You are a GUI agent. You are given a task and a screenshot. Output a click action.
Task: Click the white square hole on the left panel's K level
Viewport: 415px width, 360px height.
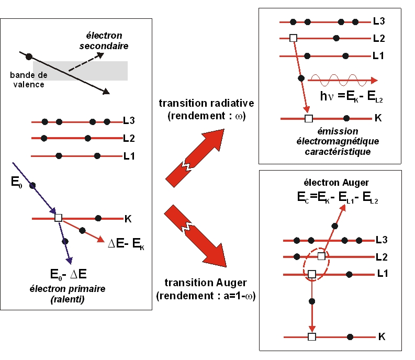click(58, 218)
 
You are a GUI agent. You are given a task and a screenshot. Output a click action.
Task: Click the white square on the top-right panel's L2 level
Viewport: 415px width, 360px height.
click(293, 38)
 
